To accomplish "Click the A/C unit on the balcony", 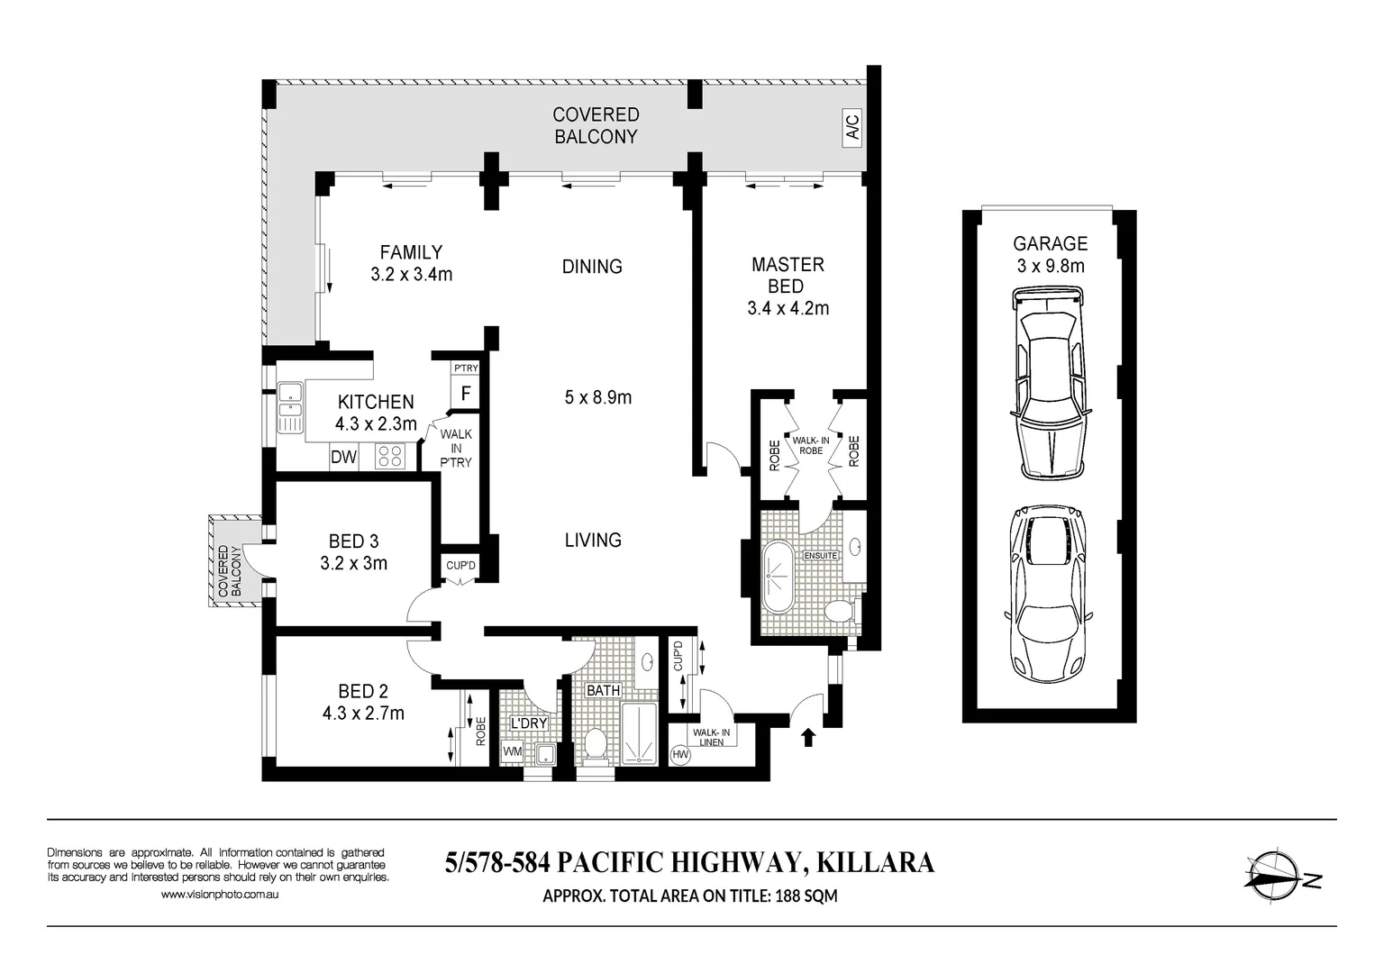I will coord(851,128).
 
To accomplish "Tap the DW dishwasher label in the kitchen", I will coord(343,457).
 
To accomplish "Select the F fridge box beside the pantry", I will coord(466,393).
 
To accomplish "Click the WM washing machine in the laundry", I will coord(512,751).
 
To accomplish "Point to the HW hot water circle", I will coord(680,754).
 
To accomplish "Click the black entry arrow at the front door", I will coord(807,738).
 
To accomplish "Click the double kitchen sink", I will coord(290,407).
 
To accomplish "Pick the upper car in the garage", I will coord(1050,383).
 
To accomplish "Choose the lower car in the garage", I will coord(1046,594).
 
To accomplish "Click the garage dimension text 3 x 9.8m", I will coord(1050,266).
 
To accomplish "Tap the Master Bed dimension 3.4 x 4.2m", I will coord(788,308).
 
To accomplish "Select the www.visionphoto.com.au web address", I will coord(220,895).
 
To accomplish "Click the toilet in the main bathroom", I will coord(595,744).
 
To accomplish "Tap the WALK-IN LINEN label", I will coord(711,737).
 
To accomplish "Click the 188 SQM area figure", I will coord(806,896).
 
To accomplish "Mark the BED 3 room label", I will coord(353,541).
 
